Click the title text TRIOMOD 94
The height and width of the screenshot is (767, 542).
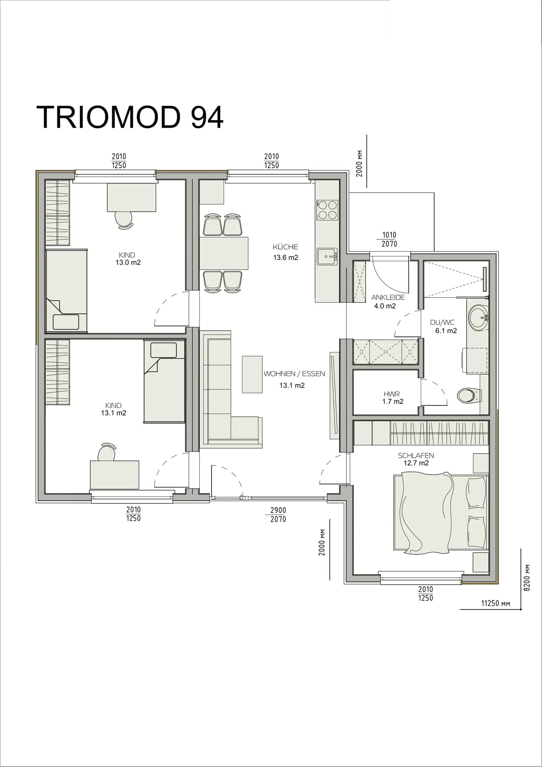(x=130, y=117)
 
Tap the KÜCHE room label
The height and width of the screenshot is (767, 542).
(x=285, y=247)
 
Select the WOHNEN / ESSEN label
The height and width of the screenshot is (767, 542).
(x=294, y=374)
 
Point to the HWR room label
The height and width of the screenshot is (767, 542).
(x=392, y=394)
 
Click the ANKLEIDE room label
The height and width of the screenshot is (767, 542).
(x=388, y=297)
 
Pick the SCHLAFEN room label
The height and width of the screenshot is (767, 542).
(x=416, y=455)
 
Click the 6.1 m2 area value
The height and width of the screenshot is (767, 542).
(x=446, y=331)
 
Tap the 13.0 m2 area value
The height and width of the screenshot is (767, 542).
(x=128, y=262)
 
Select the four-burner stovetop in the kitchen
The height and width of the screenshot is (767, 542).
(x=327, y=210)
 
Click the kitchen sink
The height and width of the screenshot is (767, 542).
(x=327, y=256)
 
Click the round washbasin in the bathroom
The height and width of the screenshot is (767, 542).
(x=478, y=318)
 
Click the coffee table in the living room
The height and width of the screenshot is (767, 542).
(x=252, y=374)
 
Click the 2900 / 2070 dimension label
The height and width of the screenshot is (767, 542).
(x=278, y=515)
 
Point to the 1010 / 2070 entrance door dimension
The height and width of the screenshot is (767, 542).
(x=389, y=239)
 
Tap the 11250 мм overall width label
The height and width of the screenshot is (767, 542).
(x=496, y=603)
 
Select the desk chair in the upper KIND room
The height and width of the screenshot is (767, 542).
(x=124, y=220)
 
